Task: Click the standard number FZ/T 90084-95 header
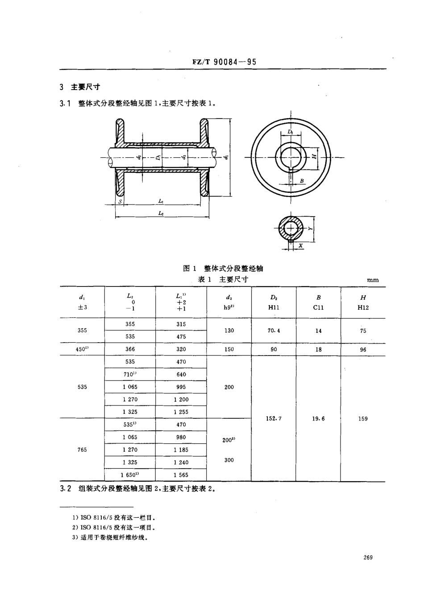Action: click(x=224, y=62)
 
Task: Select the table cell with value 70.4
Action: click(x=274, y=331)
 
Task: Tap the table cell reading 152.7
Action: click(x=274, y=418)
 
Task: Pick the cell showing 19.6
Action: click(x=318, y=418)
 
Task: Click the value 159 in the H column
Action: click(x=363, y=418)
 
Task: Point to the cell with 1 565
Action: click(x=181, y=475)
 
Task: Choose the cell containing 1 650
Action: click(x=130, y=475)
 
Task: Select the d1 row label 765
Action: click(x=82, y=450)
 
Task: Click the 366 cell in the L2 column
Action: click(x=130, y=349)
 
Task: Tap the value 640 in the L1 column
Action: click(x=181, y=374)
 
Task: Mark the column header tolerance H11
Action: click(x=274, y=307)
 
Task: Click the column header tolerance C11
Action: click(x=318, y=307)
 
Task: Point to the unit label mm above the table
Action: click(x=373, y=280)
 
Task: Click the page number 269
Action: click(x=368, y=557)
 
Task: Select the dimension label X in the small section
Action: click(x=300, y=245)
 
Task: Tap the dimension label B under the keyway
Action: click(x=302, y=181)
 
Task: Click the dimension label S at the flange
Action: click(x=120, y=202)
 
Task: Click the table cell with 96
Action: click(x=363, y=350)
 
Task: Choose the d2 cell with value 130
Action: click(x=229, y=331)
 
